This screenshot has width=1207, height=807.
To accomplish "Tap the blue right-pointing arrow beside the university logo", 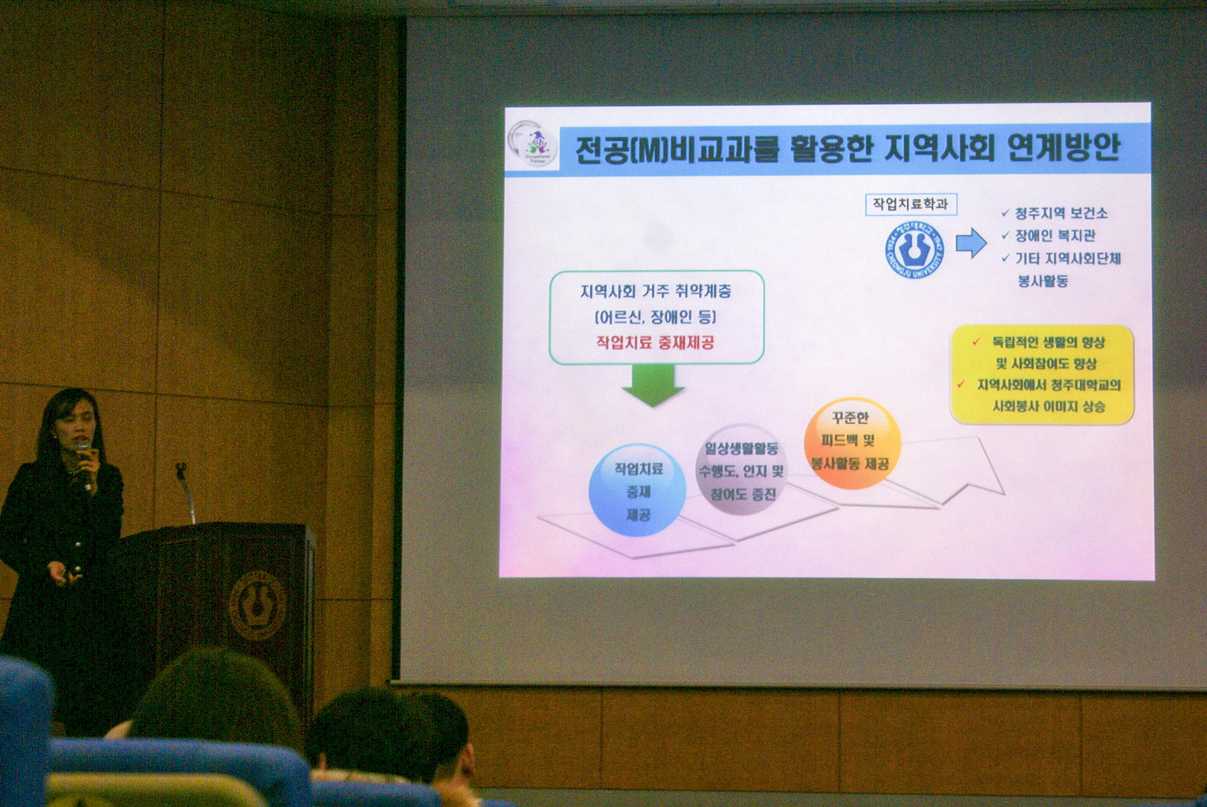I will click(971, 243).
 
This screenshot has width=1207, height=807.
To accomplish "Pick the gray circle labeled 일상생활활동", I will click(741, 469).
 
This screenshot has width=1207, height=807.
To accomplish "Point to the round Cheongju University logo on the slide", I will click(914, 251).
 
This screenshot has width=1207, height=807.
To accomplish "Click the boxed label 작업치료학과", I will click(911, 204).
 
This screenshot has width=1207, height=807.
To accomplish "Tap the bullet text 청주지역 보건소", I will click(1061, 213).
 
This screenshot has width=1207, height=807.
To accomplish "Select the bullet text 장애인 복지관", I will click(1055, 236).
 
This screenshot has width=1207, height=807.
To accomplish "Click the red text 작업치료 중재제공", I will click(655, 342).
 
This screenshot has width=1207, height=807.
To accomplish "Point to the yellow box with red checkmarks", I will click(1042, 374).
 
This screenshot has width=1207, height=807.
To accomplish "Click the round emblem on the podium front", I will click(257, 605).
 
